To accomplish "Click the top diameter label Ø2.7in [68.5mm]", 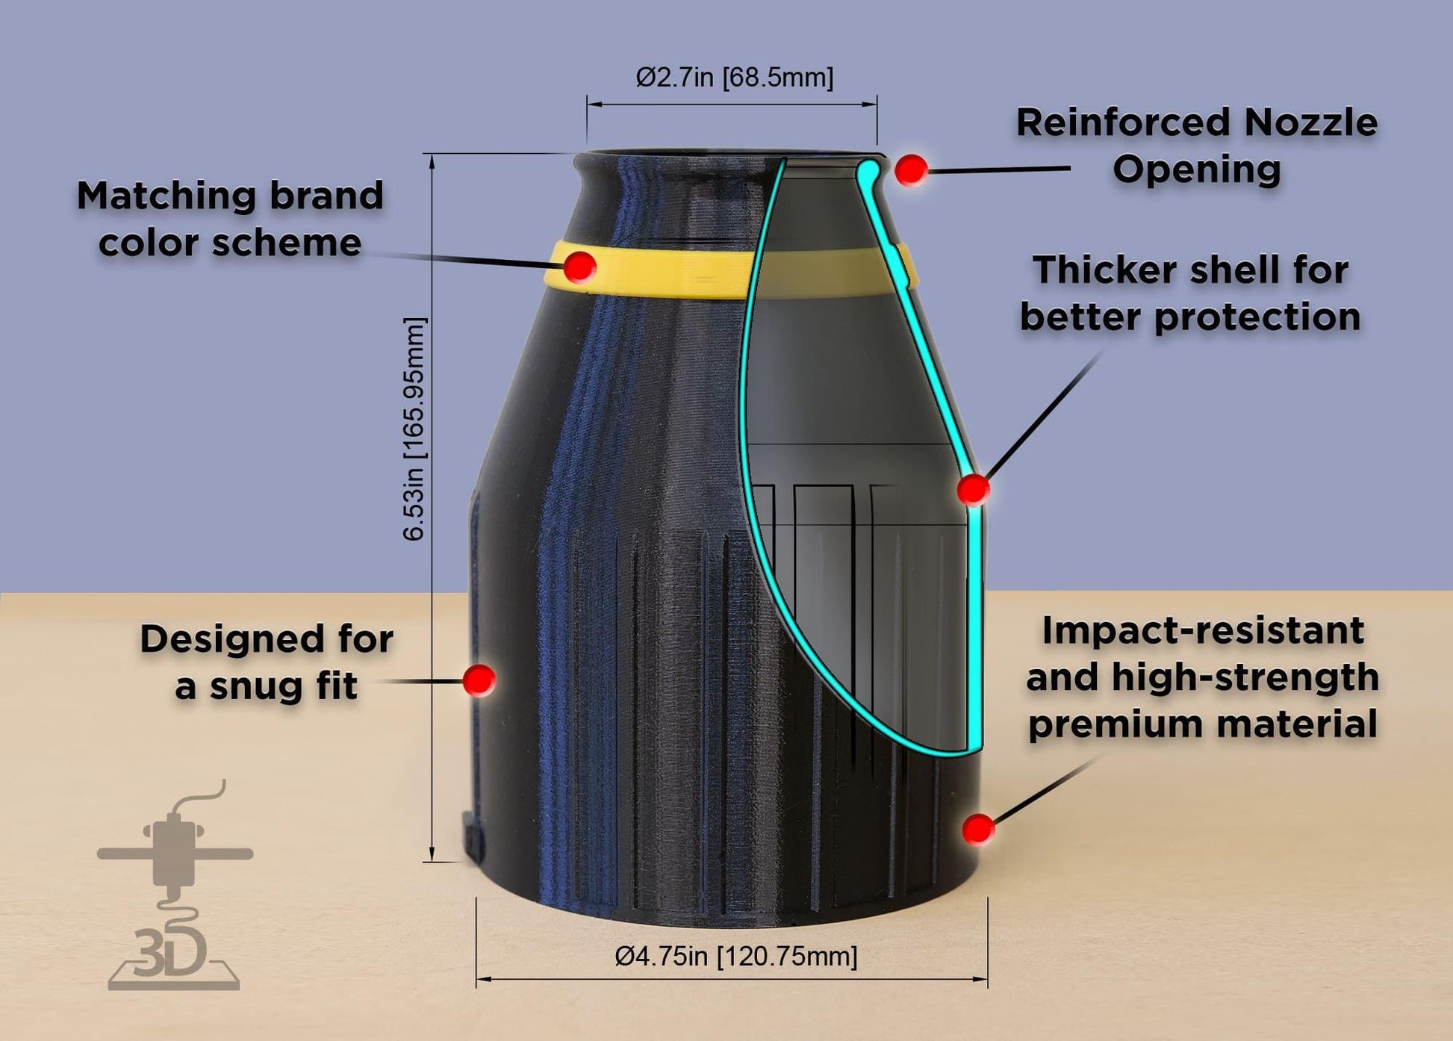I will (734, 77).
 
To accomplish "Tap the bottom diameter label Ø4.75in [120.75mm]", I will (735, 956).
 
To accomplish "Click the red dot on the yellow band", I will (579, 267).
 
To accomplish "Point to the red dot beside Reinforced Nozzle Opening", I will (911, 170).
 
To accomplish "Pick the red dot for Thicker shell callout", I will (973, 490).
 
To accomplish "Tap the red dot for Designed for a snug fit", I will (479, 680).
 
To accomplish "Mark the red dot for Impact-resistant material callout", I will (977, 828).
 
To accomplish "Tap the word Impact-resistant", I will (1203, 631).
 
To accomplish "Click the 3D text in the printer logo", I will (170, 954).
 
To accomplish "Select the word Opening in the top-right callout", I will (1196, 170).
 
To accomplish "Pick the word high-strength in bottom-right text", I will (1245, 678).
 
